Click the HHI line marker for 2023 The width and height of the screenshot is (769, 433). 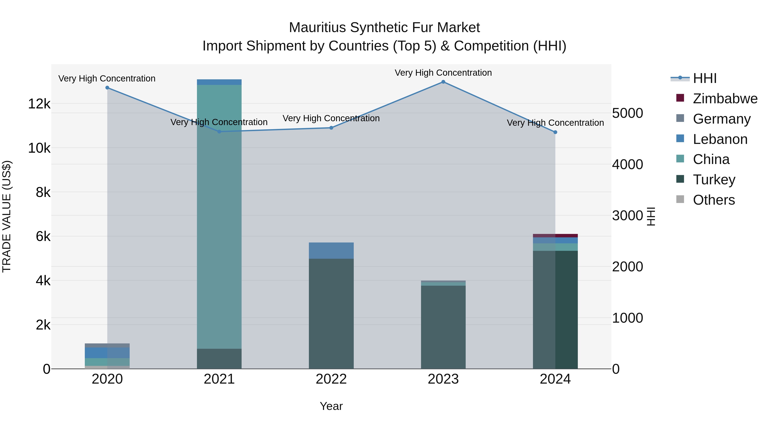click(443, 82)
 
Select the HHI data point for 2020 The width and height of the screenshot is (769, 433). click(107, 87)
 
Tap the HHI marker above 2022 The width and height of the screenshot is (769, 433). click(331, 128)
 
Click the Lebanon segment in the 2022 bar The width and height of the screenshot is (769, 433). click(331, 250)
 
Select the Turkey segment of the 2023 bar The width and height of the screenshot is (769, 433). click(443, 327)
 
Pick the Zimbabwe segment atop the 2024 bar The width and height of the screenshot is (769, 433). click(555, 235)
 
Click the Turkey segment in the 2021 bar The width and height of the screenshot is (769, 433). click(219, 359)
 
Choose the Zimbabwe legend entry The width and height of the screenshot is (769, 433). click(725, 99)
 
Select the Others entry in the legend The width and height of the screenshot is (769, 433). click(713, 200)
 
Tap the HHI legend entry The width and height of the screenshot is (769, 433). click(704, 78)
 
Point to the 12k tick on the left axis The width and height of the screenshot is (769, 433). click(39, 104)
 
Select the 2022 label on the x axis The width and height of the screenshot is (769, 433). click(331, 379)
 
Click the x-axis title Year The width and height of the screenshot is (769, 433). click(331, 406)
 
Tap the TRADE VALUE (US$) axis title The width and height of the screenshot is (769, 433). click(7, 216)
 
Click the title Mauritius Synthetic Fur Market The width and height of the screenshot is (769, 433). click(384, 28)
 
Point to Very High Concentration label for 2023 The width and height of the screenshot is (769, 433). click(443, 73)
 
